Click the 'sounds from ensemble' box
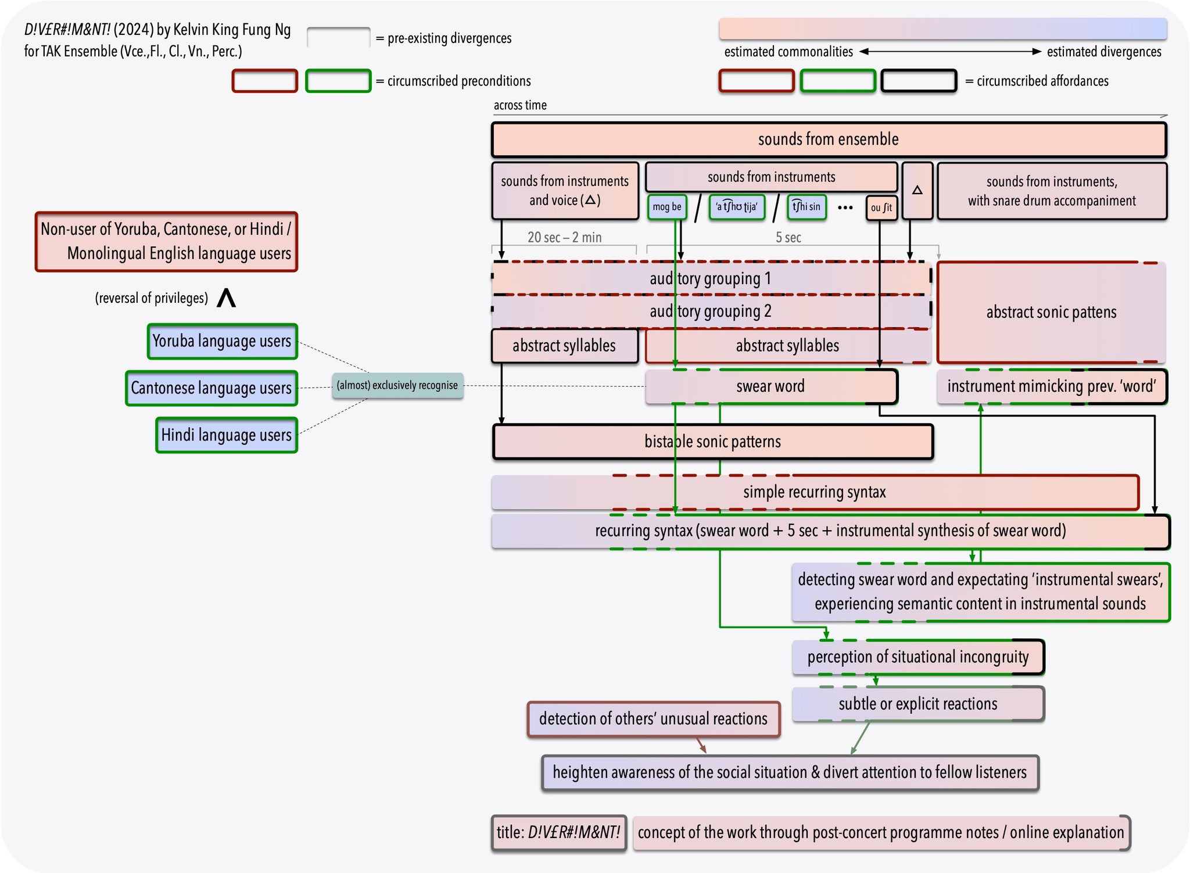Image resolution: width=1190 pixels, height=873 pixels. tap(829, 139)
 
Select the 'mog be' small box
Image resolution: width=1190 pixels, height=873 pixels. tap(667, 207)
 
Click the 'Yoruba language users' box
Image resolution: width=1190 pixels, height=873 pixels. tap(222, 341)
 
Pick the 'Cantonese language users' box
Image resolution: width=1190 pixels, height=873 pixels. tap(212, 388)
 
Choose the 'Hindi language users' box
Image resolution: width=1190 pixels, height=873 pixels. tap(227, 435)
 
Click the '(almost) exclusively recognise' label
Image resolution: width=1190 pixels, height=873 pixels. tap(397, 385)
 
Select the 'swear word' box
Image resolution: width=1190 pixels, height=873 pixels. tap(770, 387)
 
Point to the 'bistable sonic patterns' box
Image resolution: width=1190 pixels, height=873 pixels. tap(712, 442)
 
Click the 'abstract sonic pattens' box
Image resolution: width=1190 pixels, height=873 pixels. tap(1051, 313)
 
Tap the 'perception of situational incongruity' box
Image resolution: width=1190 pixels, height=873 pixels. tap(918, 657)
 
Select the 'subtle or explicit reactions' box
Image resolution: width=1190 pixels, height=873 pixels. tap(918, 704)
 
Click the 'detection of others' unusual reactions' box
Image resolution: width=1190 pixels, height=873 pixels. tap(653, 719)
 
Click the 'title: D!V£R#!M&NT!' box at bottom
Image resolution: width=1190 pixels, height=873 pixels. tap(558, 832)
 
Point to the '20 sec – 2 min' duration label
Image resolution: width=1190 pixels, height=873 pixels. tap(564, 237)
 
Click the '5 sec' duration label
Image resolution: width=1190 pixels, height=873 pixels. tap(788, 237)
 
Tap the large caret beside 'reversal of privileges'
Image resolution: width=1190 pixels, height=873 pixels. tap(226, 298)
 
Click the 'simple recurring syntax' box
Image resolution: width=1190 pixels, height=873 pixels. tap(815, 492)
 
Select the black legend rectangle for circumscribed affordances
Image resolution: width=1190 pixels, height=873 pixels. tap(919, 81)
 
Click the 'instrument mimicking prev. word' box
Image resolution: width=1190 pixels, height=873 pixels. tap(1052, 387)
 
